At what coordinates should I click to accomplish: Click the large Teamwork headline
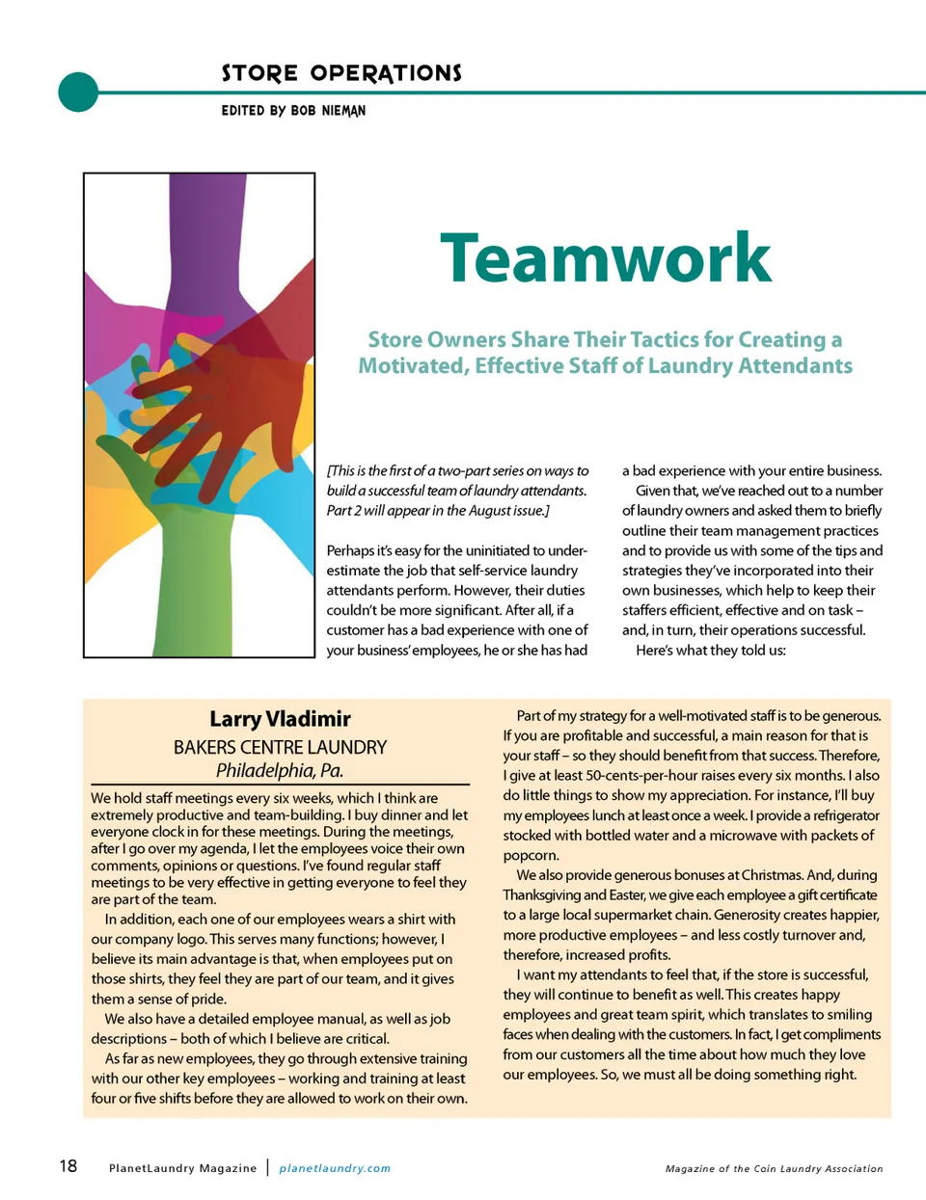[x=606, y=258]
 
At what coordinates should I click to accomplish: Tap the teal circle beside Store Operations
[x=78, y=93]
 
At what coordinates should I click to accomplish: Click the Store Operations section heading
[x=341, y=73]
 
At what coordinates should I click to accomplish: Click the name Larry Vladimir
[x=280, y=719]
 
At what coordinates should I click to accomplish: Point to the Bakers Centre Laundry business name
[x=280, y=747]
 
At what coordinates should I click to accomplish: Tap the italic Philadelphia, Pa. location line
[x=280, y=770]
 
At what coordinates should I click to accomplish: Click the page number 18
[x=68, y=1166]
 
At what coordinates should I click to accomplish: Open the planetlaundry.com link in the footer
[x=335, y=1168]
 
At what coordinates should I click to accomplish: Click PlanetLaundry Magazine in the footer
[x=182, y=1168]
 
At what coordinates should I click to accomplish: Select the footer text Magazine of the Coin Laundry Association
[x=774, y=1168]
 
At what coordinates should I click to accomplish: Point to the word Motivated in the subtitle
[x=412, y=366]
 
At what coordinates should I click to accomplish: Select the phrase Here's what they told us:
[x=711, y=651]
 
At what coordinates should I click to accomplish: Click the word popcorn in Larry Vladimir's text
[x=531, y=856]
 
